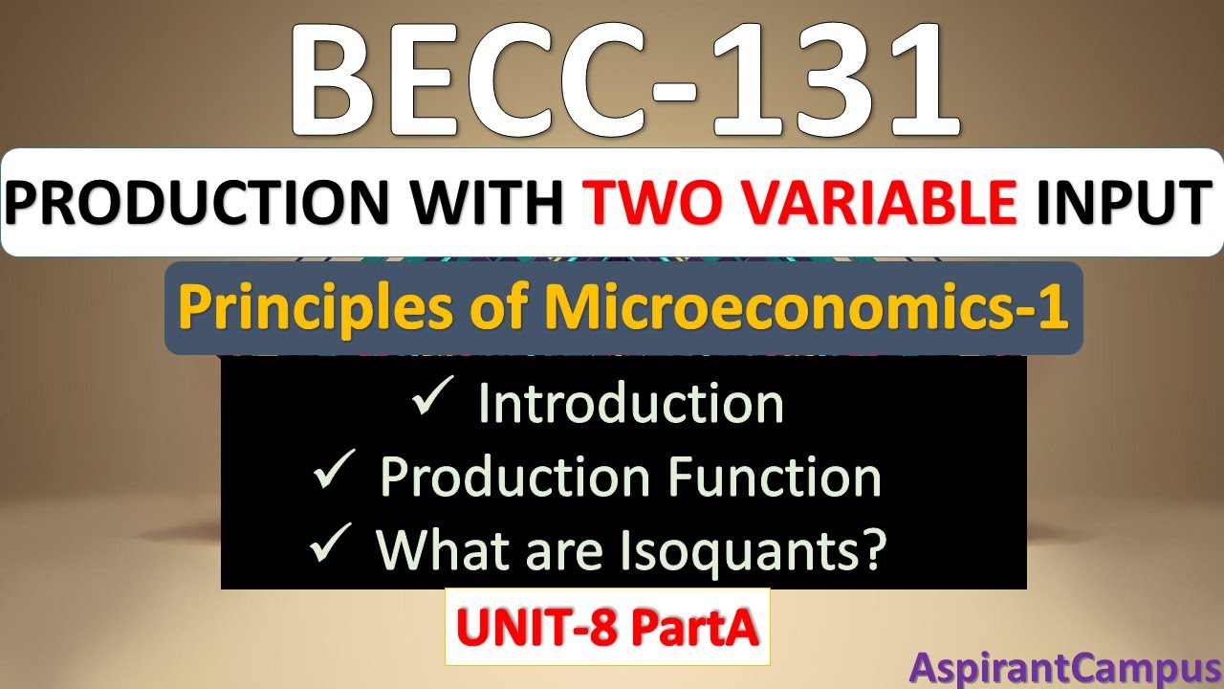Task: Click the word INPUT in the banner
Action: [x=1118, y=202]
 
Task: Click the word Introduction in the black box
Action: [x=631, y=403]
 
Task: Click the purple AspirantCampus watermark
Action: [x=1063, y=666]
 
